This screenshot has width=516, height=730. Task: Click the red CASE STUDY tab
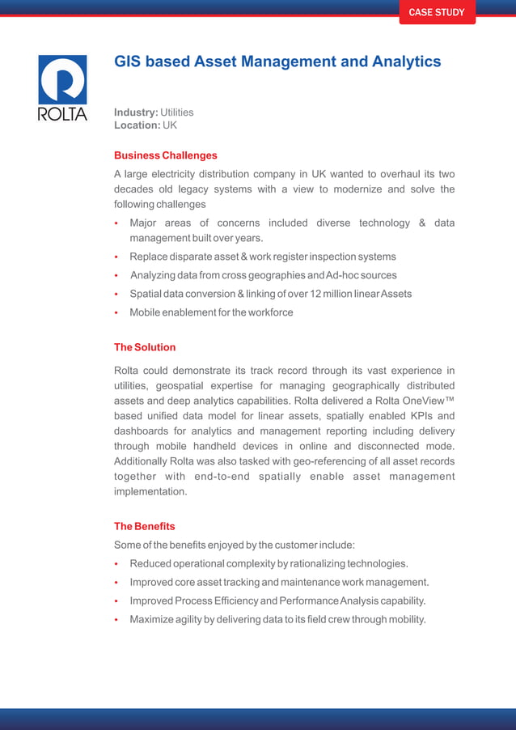pos(437,12)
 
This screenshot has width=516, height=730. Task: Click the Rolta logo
pos(62,87)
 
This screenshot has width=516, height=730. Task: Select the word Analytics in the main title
pos(400,62)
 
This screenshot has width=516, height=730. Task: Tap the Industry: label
pos(136,112)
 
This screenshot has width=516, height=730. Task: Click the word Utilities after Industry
pos(177,112)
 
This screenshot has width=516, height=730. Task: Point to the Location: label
pos(137,125)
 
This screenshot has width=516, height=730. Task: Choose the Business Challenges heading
pos(165,155)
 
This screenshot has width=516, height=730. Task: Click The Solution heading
pos(144,347)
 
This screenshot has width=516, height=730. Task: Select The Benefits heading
pos(144,526)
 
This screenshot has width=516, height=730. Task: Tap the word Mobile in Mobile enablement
pos(146,312)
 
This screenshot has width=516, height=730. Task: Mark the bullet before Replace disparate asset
pos(117,257)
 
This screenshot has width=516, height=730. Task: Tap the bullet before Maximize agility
pos(117,620)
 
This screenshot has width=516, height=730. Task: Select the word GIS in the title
pos(128,62)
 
